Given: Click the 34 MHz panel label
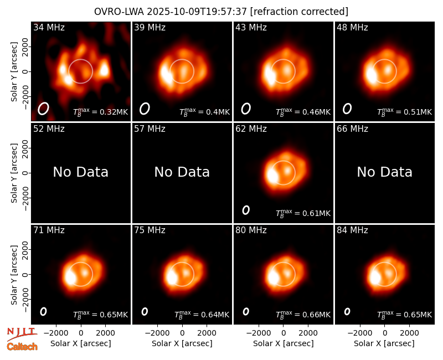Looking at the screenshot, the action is coord(49,27).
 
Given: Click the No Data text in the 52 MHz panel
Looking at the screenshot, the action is coord(80,172).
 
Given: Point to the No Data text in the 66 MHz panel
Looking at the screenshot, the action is coord(384,172).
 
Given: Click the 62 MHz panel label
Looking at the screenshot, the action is coord(251,129).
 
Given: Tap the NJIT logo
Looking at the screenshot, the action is coord(22,333).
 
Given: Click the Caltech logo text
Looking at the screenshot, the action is coord(22,347).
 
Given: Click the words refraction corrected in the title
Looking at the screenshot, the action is coord(299,12).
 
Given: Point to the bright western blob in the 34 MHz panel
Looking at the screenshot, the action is coord(104,70).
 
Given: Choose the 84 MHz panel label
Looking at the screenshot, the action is coord(352,230).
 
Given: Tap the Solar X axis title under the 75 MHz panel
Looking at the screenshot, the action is coord(182,343).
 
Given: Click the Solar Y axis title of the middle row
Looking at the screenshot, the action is coord(14,173).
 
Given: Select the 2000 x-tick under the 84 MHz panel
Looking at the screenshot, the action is coord(409,333).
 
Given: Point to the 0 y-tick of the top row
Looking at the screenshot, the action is coord(25,71).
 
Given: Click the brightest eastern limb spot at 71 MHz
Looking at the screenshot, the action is coord(70,277).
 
